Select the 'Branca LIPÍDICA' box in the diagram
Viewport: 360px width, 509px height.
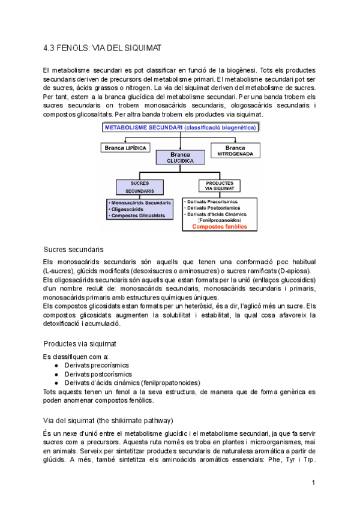point(126,148)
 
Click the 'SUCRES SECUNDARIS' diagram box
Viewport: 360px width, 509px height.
point(139,186)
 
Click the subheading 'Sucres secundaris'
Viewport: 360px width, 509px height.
point(74,249)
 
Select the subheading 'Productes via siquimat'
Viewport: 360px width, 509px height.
point(80,344)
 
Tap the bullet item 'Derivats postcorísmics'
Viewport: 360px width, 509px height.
point(98,374)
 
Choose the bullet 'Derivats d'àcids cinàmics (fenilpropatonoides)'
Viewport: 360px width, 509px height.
point(133,382)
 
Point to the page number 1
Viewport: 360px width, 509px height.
point(313,482)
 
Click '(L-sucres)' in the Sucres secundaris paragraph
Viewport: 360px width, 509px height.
point(60,270)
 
